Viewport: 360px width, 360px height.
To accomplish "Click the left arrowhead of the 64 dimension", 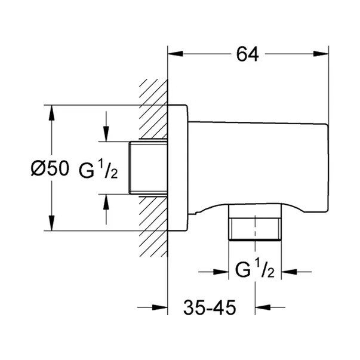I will click(173, 55).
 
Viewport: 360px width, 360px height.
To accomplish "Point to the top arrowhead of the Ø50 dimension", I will click(51, 112).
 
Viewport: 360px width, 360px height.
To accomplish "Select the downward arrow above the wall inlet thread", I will click(106, 135).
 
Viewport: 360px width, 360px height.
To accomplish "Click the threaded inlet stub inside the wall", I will click(147, 168).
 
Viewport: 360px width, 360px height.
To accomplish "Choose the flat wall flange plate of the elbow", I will click(179, 168).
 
